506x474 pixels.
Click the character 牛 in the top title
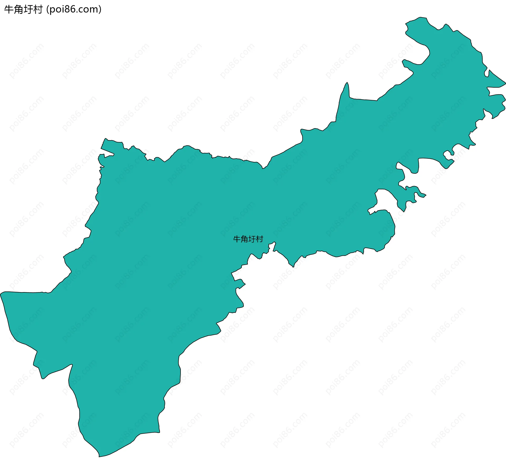tap(9, 9)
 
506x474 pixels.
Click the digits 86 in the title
tap(70, 9)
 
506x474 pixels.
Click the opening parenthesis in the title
tap(47, 9)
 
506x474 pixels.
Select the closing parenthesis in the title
tap(100, 9)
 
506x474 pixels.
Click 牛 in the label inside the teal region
tap(237, 239)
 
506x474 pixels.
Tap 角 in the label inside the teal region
tap(244, 239)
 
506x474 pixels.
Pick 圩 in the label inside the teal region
tap(252, 239)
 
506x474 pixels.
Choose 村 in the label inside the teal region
tap(260, 239)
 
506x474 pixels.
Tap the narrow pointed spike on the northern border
tap(347, 83)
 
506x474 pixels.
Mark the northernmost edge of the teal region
tap(421, 17)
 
